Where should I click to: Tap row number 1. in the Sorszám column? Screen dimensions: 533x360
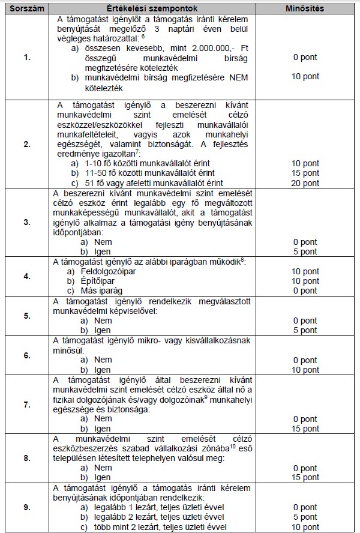(x=26, y=58)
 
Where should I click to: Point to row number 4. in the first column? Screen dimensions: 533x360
(x=26, y=277)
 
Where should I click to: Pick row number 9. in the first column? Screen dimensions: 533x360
(x=26, y=507)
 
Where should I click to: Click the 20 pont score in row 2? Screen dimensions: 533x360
(x=305, y=182)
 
